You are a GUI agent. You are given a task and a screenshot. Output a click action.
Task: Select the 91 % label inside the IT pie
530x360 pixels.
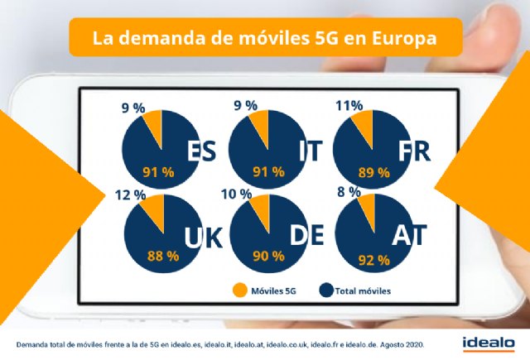click(x=267, y=172)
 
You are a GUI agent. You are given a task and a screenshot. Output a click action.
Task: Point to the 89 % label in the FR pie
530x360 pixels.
click(x=373, y=172)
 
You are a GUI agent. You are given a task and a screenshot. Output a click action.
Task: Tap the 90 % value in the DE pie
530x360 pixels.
click(x=267, y=257)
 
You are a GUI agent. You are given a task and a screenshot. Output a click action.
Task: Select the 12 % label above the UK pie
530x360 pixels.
click(x=132, y=195)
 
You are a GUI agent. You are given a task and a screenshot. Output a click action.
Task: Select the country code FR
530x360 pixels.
click(x=415, y=151)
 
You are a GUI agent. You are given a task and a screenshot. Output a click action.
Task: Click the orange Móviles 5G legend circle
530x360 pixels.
click(x=239, y=290)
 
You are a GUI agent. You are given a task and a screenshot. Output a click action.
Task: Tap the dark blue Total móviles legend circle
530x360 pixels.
click(x=327, y=290)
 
